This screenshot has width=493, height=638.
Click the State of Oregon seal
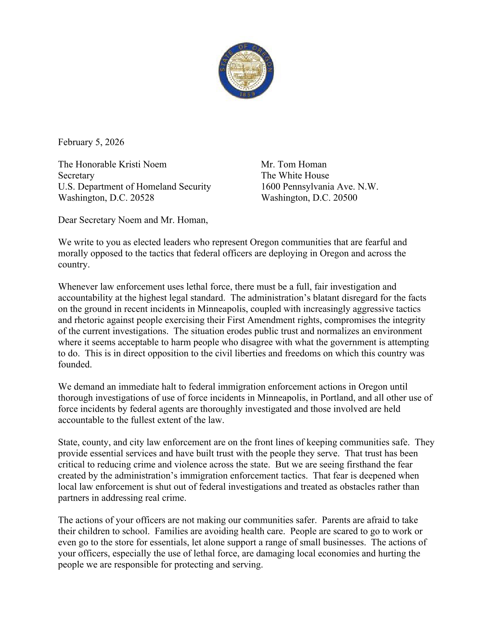click(246, 70)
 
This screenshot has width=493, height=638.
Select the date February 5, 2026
click(91, 142)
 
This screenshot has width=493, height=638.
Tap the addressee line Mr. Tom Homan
click(294, 164)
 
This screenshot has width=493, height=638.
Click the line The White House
click(295, 176)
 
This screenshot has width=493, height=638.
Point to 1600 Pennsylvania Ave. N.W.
click(319, 186)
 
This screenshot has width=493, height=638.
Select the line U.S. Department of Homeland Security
click(135, 186)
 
